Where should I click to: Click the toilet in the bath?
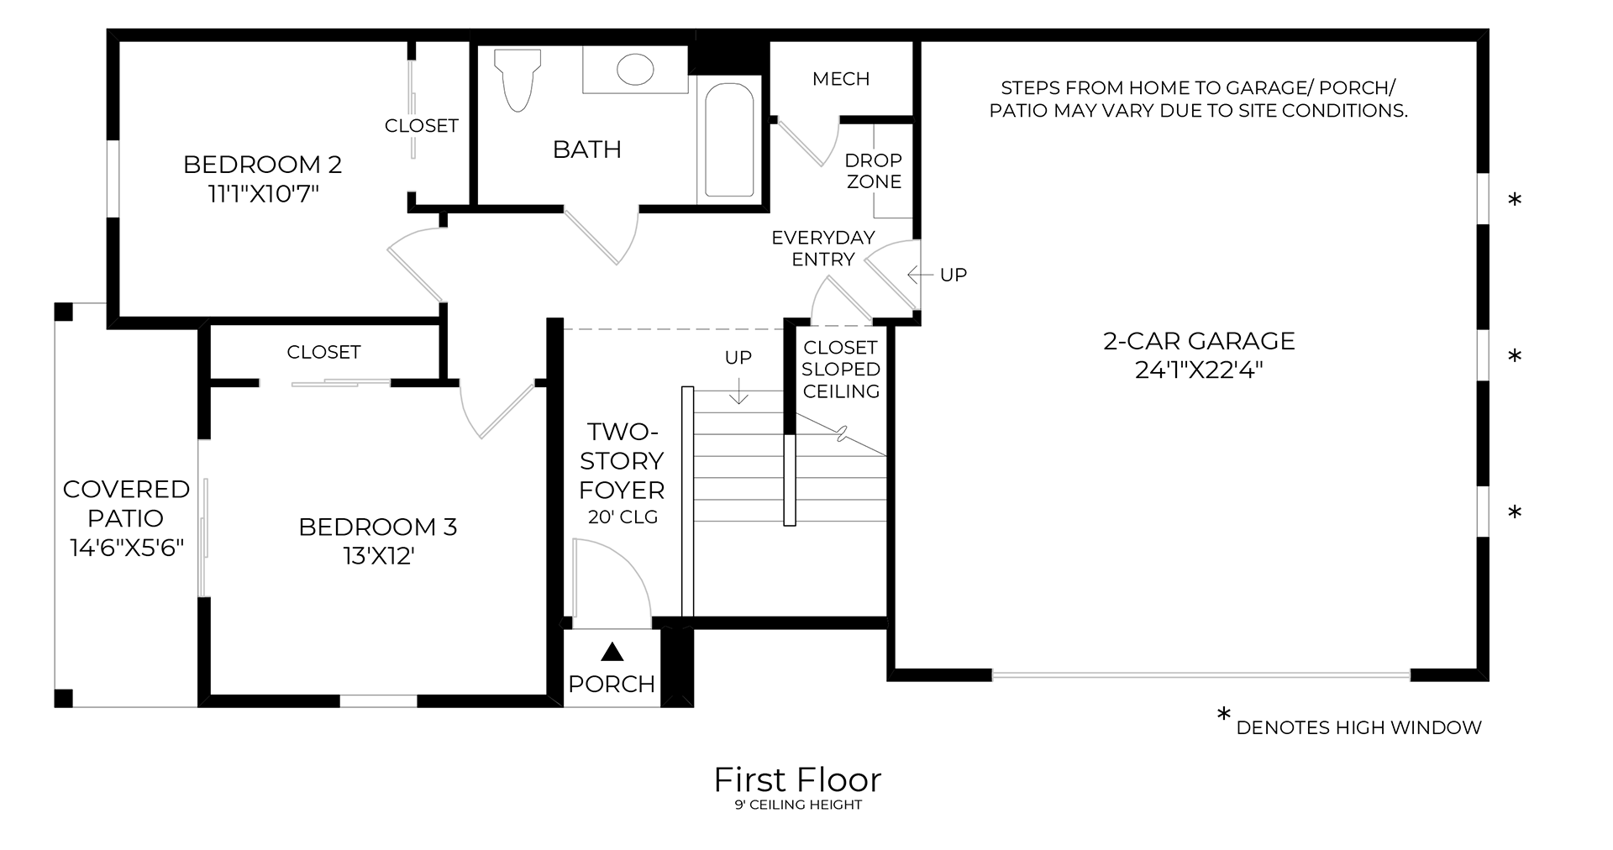515,81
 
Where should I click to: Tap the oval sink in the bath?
635,70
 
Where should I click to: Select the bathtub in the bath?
728,141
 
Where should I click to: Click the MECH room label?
841,79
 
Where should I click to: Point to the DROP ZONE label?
874,171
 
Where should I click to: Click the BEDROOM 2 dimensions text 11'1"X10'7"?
263,194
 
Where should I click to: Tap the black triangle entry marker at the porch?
613,652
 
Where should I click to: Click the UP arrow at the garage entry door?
921,275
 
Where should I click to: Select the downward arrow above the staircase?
738,391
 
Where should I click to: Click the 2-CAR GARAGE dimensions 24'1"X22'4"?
1199,370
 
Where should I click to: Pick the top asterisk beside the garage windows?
1515,201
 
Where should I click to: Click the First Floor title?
797,780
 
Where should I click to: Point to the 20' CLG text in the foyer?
623,517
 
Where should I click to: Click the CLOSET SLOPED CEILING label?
841,370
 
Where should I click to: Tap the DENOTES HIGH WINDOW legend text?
1358,728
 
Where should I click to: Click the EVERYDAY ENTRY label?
823,249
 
